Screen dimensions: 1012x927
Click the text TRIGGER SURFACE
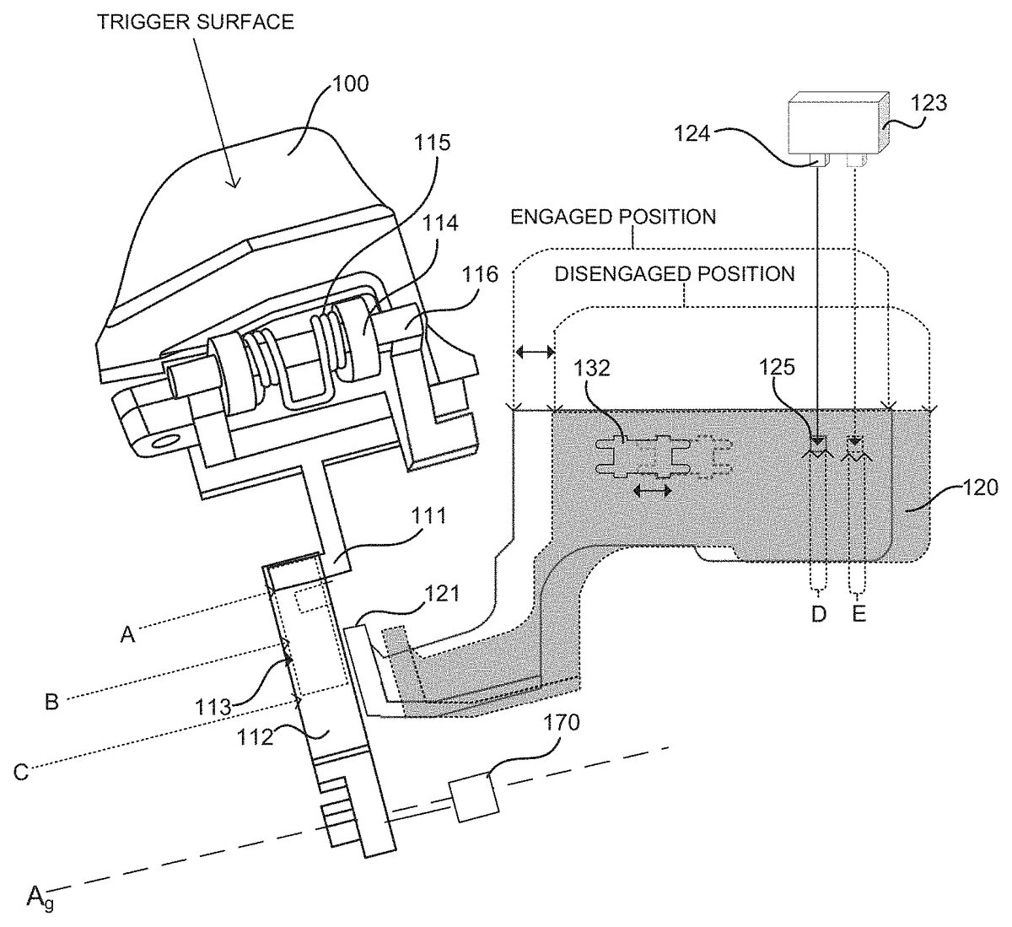click(196, 23)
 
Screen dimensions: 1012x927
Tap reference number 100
click(351, 84)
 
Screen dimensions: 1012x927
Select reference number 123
click(929, 103)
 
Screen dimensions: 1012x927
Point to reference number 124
click(692, 134)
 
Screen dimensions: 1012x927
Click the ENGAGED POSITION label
click(613, 217)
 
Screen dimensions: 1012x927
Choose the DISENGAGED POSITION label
click(675, 274)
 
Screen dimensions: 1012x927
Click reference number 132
click(592, 369)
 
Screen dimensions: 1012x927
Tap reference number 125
click(777, 368)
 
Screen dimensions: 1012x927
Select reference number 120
click(981, 488)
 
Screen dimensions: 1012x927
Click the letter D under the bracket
click(819, 614)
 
